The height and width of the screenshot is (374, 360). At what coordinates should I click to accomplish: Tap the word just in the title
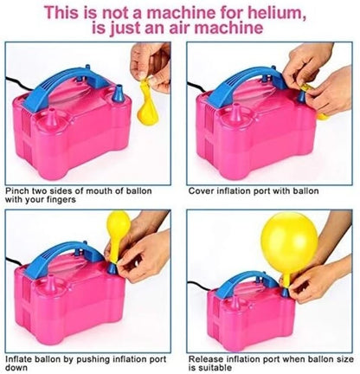point(135,30)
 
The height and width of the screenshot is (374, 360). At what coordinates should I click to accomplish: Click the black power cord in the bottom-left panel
point(16,257)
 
